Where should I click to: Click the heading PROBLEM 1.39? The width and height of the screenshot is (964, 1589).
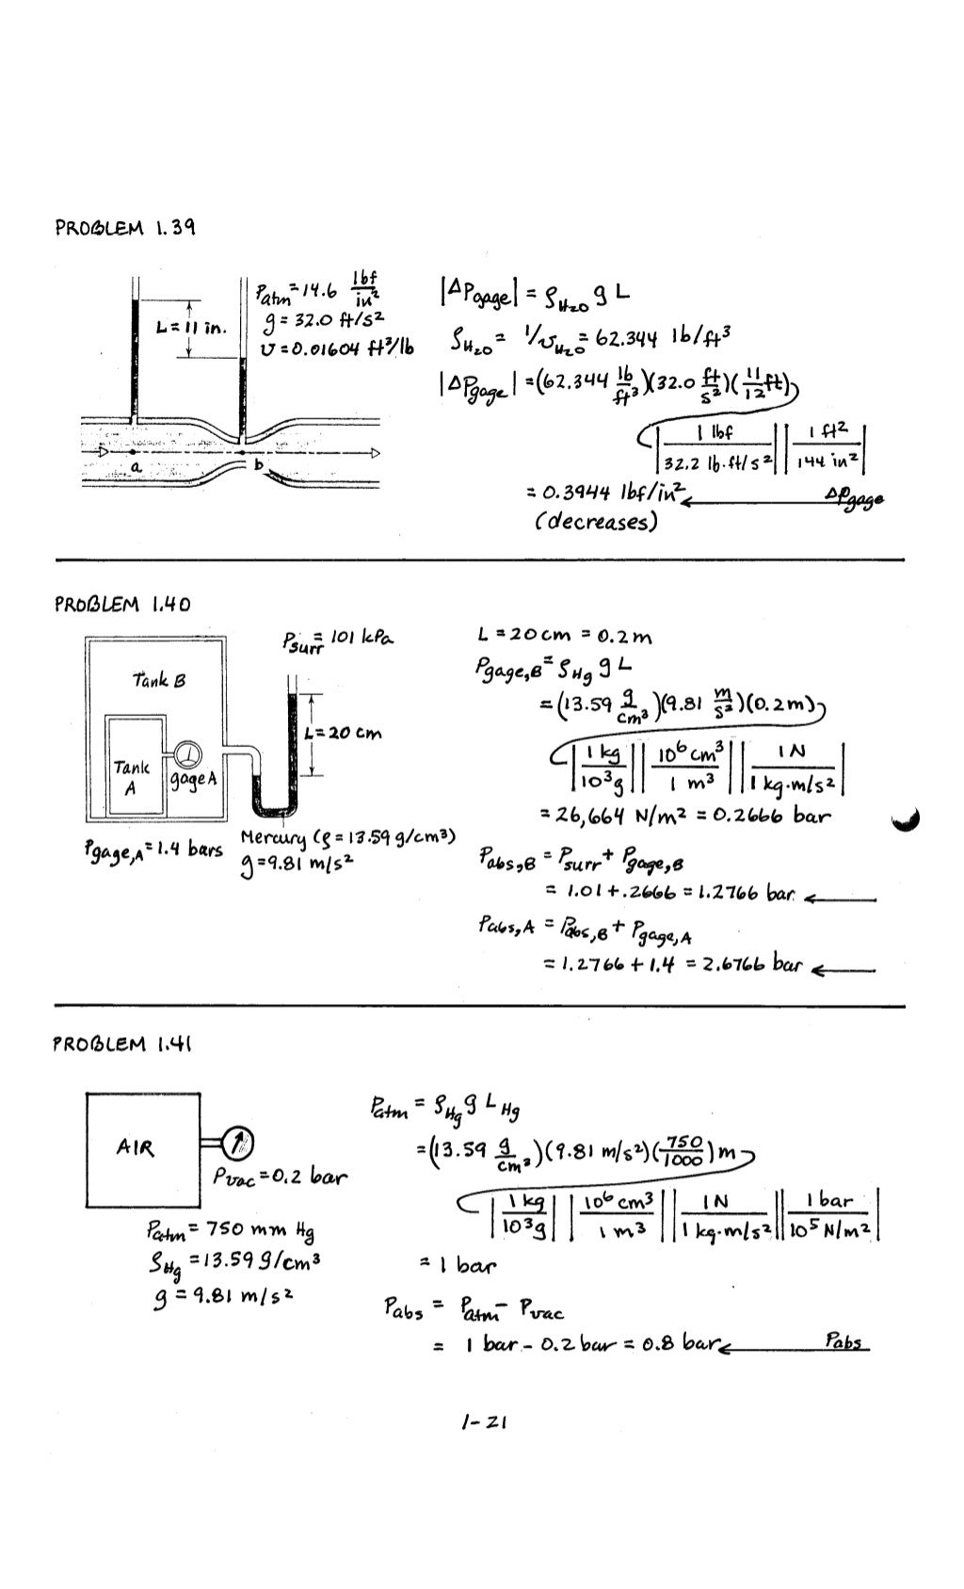click(125, 228)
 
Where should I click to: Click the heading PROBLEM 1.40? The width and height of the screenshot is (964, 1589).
click(122, 604)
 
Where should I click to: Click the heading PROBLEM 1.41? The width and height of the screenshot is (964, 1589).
click(123, 1044)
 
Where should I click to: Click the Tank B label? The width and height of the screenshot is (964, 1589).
click(159, 679)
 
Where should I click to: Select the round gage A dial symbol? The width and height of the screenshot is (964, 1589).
click(189, 754)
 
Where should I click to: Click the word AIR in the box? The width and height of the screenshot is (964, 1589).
click(136, 1148)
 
